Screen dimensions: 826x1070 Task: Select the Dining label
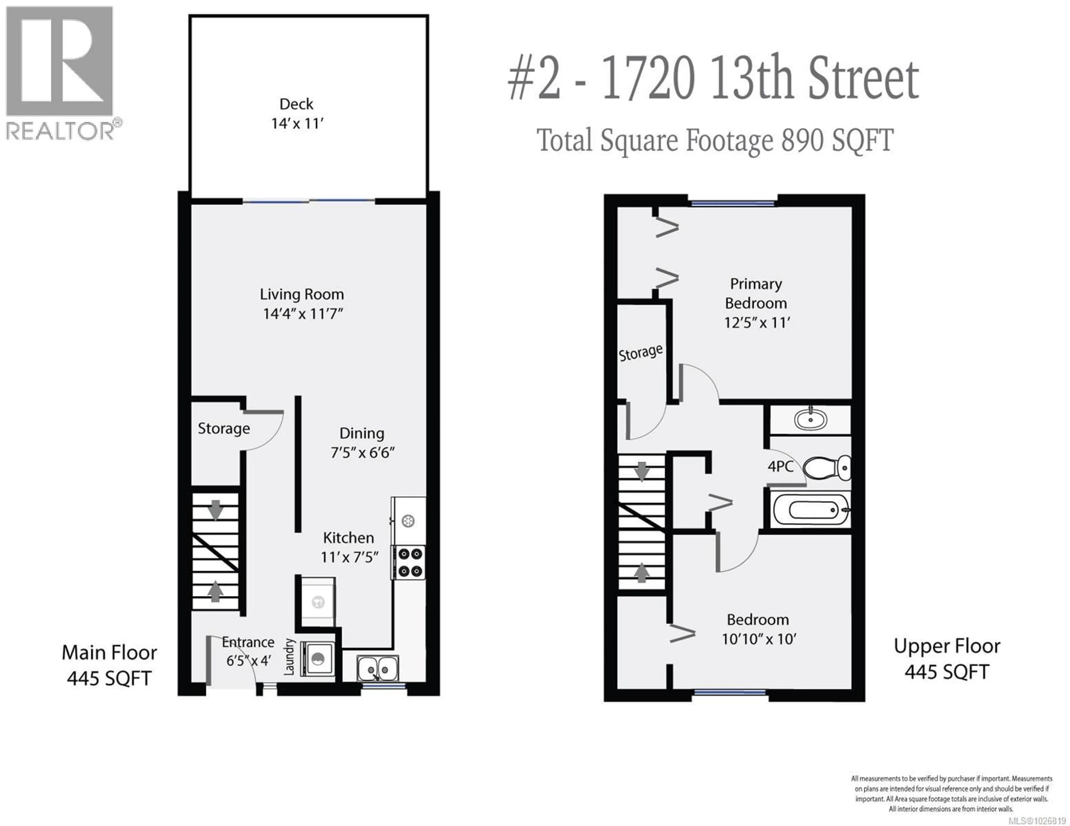362,433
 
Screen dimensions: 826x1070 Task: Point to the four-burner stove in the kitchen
410,562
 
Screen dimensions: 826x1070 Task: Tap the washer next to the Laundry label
317,659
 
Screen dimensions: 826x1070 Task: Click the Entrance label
248,642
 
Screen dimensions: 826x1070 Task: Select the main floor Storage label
224,428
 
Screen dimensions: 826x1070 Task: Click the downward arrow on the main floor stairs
215,510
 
